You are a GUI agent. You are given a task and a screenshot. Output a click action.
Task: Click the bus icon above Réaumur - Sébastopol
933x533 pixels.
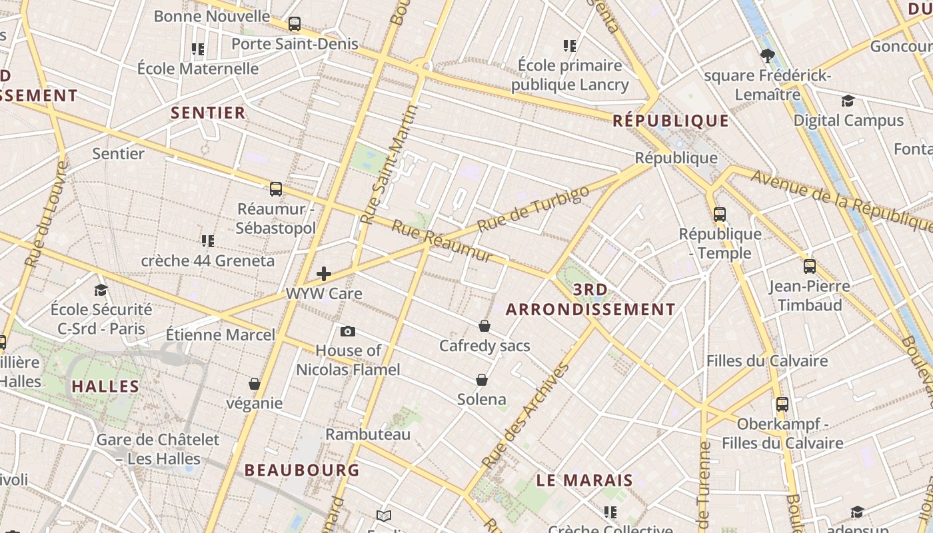[276, 189]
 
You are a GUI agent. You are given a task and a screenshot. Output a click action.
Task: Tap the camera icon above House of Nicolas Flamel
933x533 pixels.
[347, 331]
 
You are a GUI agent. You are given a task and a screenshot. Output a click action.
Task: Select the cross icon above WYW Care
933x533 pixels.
[324, 274]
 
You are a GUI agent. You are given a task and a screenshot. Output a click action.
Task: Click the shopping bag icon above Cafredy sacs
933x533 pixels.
[484, 326]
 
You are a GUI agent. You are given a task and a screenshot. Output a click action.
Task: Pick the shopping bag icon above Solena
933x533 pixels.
[482, 380]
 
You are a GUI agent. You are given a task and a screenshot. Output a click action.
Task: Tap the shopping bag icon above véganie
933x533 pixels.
[254, 384]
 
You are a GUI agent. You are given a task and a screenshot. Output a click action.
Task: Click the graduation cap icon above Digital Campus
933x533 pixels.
[848, 101]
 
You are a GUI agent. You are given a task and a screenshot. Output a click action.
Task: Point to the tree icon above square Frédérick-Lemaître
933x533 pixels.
[767, 55]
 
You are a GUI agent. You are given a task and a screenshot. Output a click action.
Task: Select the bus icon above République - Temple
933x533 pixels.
[720, 214]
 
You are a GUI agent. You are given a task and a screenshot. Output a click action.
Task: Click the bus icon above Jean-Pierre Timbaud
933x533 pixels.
[810, 266]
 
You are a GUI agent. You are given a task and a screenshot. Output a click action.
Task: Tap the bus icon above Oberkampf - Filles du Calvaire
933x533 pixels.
[782, 404]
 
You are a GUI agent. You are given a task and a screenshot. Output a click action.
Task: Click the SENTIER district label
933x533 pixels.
[209, 113]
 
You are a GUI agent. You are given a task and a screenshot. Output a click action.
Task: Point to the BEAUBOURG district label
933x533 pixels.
[302, 470]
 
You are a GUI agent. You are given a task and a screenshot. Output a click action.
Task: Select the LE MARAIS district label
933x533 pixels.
[584, 480]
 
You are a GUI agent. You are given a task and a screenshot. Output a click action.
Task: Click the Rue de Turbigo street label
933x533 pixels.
[533, 209]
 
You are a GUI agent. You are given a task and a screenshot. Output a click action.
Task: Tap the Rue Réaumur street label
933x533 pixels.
[442, 241]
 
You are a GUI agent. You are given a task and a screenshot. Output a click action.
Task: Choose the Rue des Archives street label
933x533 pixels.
[526, 414]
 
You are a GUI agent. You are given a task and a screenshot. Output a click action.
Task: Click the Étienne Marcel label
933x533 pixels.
[221, 334]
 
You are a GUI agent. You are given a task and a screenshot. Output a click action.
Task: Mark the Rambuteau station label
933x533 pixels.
[368, 434]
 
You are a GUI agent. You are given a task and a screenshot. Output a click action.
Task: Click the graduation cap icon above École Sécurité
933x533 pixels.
[101, 290]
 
